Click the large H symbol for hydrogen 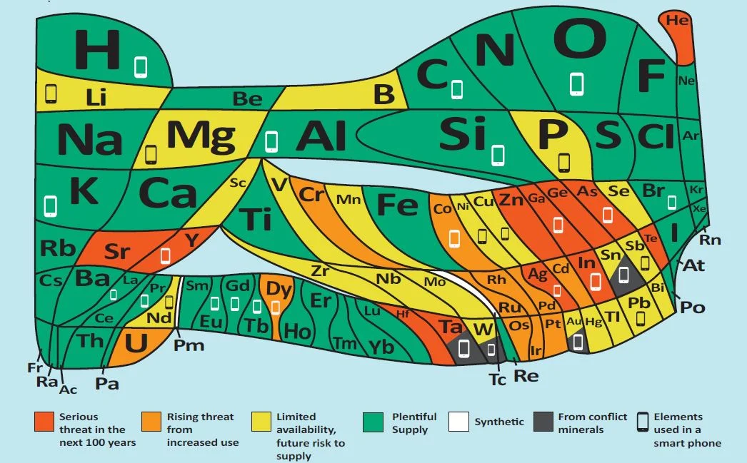(x=98, y=49)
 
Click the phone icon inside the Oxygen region (x=576, y=83)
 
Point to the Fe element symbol (x=396, y=205)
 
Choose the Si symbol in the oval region (x=462, y=134)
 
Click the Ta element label (x=451, y=327)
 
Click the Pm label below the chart (x=189, y=346)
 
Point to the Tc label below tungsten (x=497, y=380)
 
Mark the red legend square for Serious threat (x=44, y=422)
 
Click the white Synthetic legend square (x=458, y=422)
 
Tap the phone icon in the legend (x=643, y=422)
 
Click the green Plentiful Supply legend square (x=373, y=422)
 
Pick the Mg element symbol (x=201, y=134)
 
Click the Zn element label (x=511, y=200)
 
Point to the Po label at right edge (x=692, y=307)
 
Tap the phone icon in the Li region (x=51, y=93)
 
